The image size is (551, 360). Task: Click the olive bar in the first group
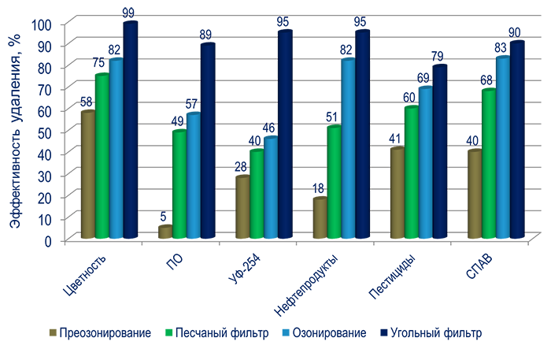pyautogui.click(x=83, y=173)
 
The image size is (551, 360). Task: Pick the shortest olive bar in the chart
pyautogui.click(x=164, y=230)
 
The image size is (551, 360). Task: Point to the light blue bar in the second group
pyautogui.click(x=193, y=173)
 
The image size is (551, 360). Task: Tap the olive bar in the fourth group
pyautogui.click(x=318, y=217)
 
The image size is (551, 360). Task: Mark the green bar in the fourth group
pyautogui.click(x=334, y=181)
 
